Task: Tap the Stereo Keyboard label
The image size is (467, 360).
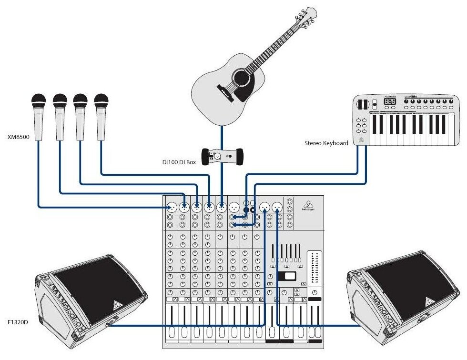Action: point(326,143)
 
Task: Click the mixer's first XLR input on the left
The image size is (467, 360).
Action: point(172,208)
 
